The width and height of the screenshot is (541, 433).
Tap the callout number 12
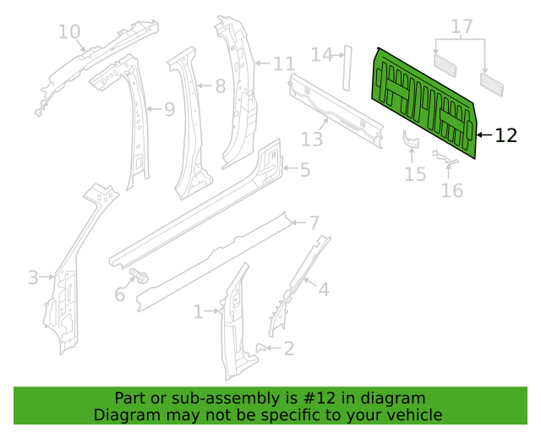pyautogui.click(x=505, y=135)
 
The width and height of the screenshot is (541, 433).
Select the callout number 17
pyautogui.click(x=462, y=26)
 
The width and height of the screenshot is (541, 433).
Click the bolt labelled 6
pyautogui.click(x=139, y=276)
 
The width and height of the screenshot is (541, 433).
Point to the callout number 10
pyautogui.click(x=69, y=32)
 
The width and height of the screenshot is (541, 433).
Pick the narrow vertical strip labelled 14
pyautogui.click(x=347, y=68)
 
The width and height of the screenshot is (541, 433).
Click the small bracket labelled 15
pyautogui.click(x=411, y=139)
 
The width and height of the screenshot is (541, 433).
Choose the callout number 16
pyautogui.click(x=452, y=190)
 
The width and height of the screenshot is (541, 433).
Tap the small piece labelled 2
pyautogui.click(x=260, y=348)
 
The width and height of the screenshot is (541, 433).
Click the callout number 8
pyautogui.click(x=221, y=86)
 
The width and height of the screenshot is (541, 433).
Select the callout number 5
pyautogui.click(x=305, y=170)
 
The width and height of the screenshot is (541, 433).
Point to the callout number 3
pyautogui.click(x=33, y=277)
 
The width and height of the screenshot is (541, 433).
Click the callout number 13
pyautogui.click(x=312, y=140)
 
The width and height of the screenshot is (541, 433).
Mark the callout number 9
pyautogui.click(x=169, y=109)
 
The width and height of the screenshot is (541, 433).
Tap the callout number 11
pyautogui.click(x=284, y=64)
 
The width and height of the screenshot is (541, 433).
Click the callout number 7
pyautogui.click(x=314, y=222)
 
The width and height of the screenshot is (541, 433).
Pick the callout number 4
pyautogui.click(x=324, y=289)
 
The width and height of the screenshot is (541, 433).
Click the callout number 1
pyautogui.click(x=198, y=311)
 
